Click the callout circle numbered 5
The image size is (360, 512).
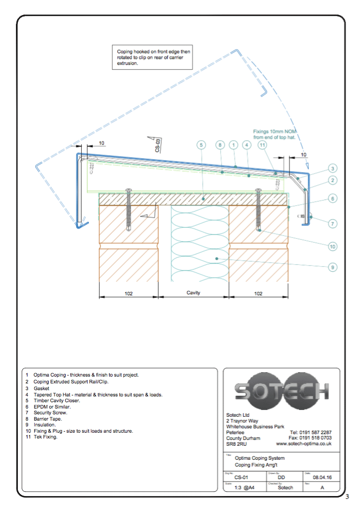tap(202, 145)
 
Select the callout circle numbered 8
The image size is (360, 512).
tap(220, 145)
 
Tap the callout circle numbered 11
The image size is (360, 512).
tap(262, 145)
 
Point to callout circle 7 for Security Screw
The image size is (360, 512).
tap(332, 223)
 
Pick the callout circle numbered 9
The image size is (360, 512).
tap(332, 267)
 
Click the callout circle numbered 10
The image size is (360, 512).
tap(332, 247)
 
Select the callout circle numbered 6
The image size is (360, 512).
tap(332, 198)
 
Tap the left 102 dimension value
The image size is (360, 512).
tap(129, 293)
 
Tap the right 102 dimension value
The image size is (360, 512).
tap(258, 293)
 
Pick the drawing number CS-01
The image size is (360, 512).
tap(241, 478)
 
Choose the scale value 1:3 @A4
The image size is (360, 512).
tap(244, 488)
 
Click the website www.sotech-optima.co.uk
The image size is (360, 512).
tap(303, 444)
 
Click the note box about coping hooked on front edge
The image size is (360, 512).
tap(153, 57)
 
